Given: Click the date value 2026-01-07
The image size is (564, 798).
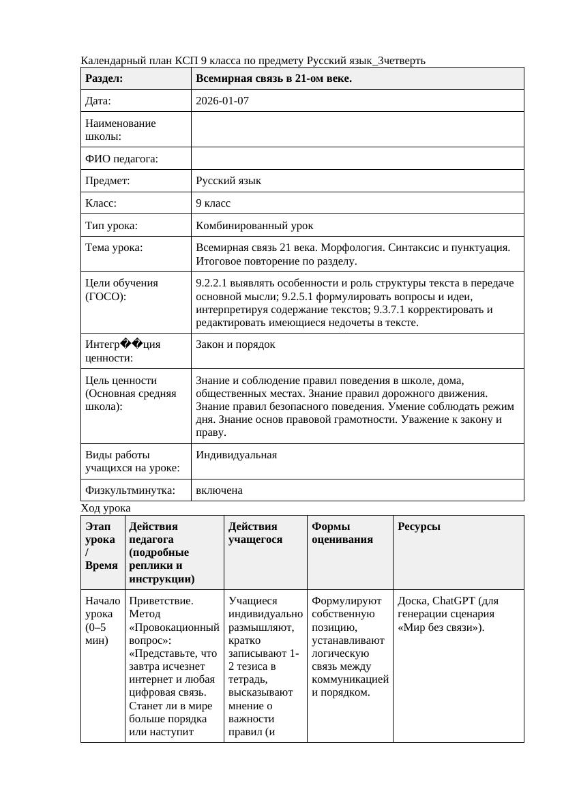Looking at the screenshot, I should click(222, 101).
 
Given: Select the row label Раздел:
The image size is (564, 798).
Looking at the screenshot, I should click(104, 78).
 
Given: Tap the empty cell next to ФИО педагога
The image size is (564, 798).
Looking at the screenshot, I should click(357, 159).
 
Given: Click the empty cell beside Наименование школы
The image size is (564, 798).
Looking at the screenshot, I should click(357, 130).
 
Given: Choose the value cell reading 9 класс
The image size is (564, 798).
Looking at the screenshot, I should click(213, 203).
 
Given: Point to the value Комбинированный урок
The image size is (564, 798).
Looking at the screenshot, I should click(254, 225).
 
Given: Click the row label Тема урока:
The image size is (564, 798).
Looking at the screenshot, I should click(114, 248).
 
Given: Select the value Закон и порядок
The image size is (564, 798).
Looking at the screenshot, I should click(235, 344).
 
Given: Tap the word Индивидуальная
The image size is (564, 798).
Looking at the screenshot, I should click(236, 455).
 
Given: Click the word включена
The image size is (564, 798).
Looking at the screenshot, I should click(219, 490).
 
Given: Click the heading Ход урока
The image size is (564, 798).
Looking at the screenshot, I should click(106, 508).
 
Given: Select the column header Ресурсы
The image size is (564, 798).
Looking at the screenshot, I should click(419, 527).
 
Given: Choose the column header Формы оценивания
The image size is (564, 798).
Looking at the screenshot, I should click(342, 533).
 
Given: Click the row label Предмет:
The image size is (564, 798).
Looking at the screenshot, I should click(108, 181).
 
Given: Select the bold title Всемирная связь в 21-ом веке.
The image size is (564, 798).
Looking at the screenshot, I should click(273, 78).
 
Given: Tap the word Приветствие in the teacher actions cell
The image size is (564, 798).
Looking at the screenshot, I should click(161, 601).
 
